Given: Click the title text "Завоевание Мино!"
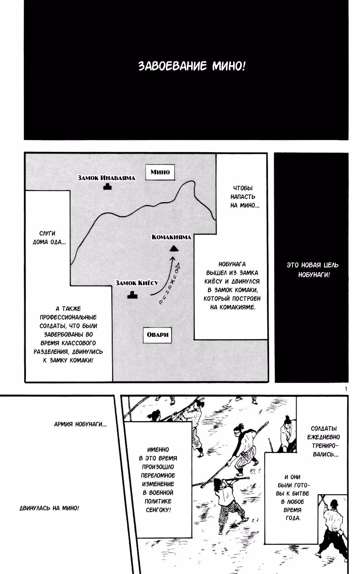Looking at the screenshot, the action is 192,66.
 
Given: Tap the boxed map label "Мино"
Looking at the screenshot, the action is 160,172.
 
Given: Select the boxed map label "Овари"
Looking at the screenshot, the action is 157,335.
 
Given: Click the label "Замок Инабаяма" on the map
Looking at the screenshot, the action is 106,178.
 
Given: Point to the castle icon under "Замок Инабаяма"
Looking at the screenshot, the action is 108,187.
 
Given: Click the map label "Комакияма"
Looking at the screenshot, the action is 171,237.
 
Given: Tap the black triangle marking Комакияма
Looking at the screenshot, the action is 174,249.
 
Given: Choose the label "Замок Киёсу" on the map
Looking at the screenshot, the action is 137,283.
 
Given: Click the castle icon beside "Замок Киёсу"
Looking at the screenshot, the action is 132,295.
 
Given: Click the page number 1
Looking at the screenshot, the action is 346,389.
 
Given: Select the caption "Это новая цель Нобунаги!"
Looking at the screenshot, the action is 312,270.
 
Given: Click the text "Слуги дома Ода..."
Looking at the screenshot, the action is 49,238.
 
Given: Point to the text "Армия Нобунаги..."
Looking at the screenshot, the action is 80,424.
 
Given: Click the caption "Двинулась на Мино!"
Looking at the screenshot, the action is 49,508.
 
